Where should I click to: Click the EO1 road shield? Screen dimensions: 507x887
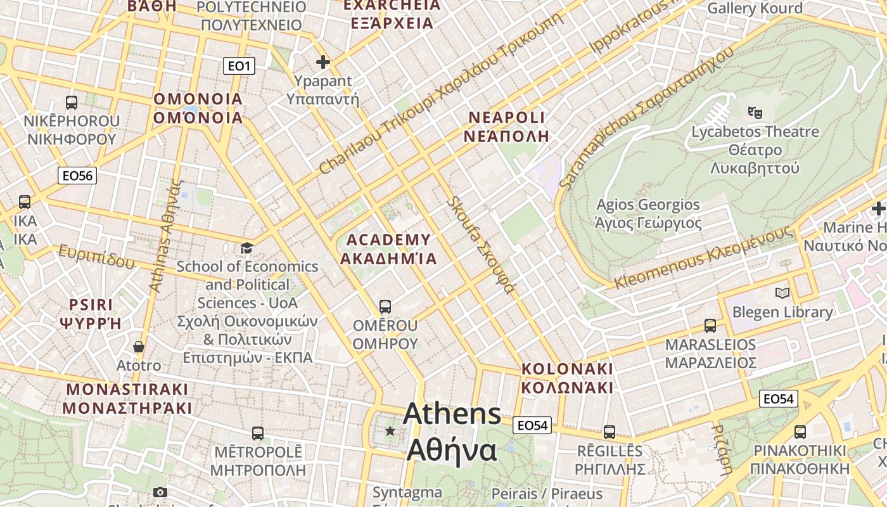point(239,66)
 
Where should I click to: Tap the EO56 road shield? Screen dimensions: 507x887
point(77,176)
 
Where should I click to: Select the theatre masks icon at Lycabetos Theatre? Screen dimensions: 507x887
point(755,113)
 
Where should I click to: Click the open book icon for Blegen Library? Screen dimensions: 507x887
point(782,293)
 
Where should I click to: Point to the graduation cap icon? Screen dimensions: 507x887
point(246,248)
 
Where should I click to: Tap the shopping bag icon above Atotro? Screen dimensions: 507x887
point(139,347)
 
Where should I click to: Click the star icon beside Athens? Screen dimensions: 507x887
point(390,432)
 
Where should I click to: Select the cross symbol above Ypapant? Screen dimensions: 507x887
point(323,62)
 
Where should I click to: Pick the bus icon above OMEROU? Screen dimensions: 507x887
point(385,307)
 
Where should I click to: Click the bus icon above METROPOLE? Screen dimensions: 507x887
point(257,433)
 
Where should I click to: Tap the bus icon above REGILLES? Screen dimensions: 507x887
point(609,432)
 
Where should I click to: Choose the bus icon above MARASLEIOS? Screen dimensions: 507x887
point(710,326)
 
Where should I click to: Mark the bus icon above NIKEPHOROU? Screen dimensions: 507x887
point(72,102)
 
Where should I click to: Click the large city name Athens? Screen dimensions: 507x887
point(452,414)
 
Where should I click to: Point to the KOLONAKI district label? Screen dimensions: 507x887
point(567,369)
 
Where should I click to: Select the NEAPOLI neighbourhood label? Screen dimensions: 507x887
point(506,117)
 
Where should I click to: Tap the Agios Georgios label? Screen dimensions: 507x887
point(648,205)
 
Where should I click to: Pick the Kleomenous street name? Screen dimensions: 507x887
point(703,258)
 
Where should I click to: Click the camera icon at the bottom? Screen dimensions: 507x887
point(160,492)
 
